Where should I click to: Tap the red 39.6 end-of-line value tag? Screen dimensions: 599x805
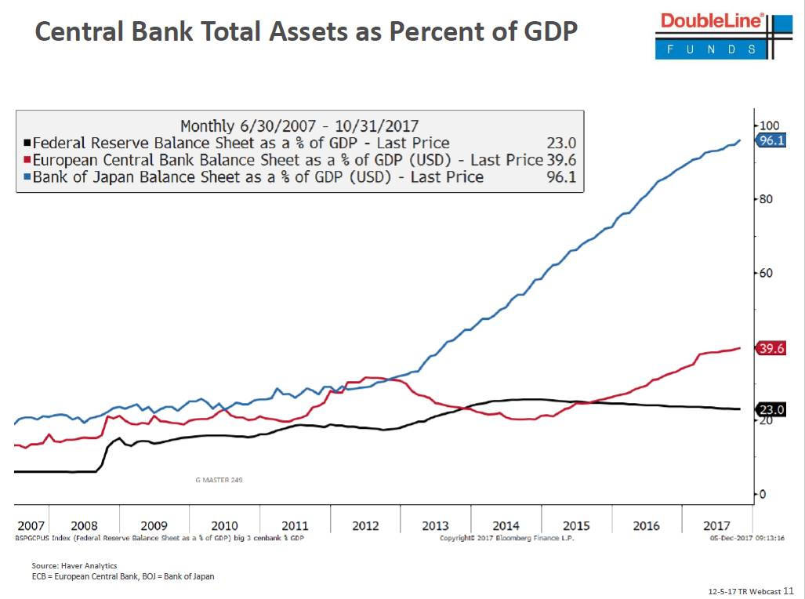(771, 349)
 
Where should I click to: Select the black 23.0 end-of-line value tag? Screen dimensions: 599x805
(771, 409)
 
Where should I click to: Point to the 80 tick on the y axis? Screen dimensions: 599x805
(765, 199)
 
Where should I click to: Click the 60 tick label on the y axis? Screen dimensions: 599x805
(765, 273)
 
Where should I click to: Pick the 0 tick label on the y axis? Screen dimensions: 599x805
(762, 494)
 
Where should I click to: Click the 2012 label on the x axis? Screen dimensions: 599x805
(365, 525)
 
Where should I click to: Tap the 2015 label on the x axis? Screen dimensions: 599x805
(576, 525)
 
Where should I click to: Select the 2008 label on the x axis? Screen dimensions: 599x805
(85, 525)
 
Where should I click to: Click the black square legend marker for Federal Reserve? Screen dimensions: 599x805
(27, 143)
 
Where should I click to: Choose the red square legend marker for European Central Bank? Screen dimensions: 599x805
(27, 160)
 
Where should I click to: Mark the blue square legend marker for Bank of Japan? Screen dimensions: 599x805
(27, 177)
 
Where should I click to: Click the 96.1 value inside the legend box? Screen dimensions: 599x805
(560, 177)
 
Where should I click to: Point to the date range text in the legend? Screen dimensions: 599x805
(299, 125)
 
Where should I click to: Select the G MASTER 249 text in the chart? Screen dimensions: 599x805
(219, 479)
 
